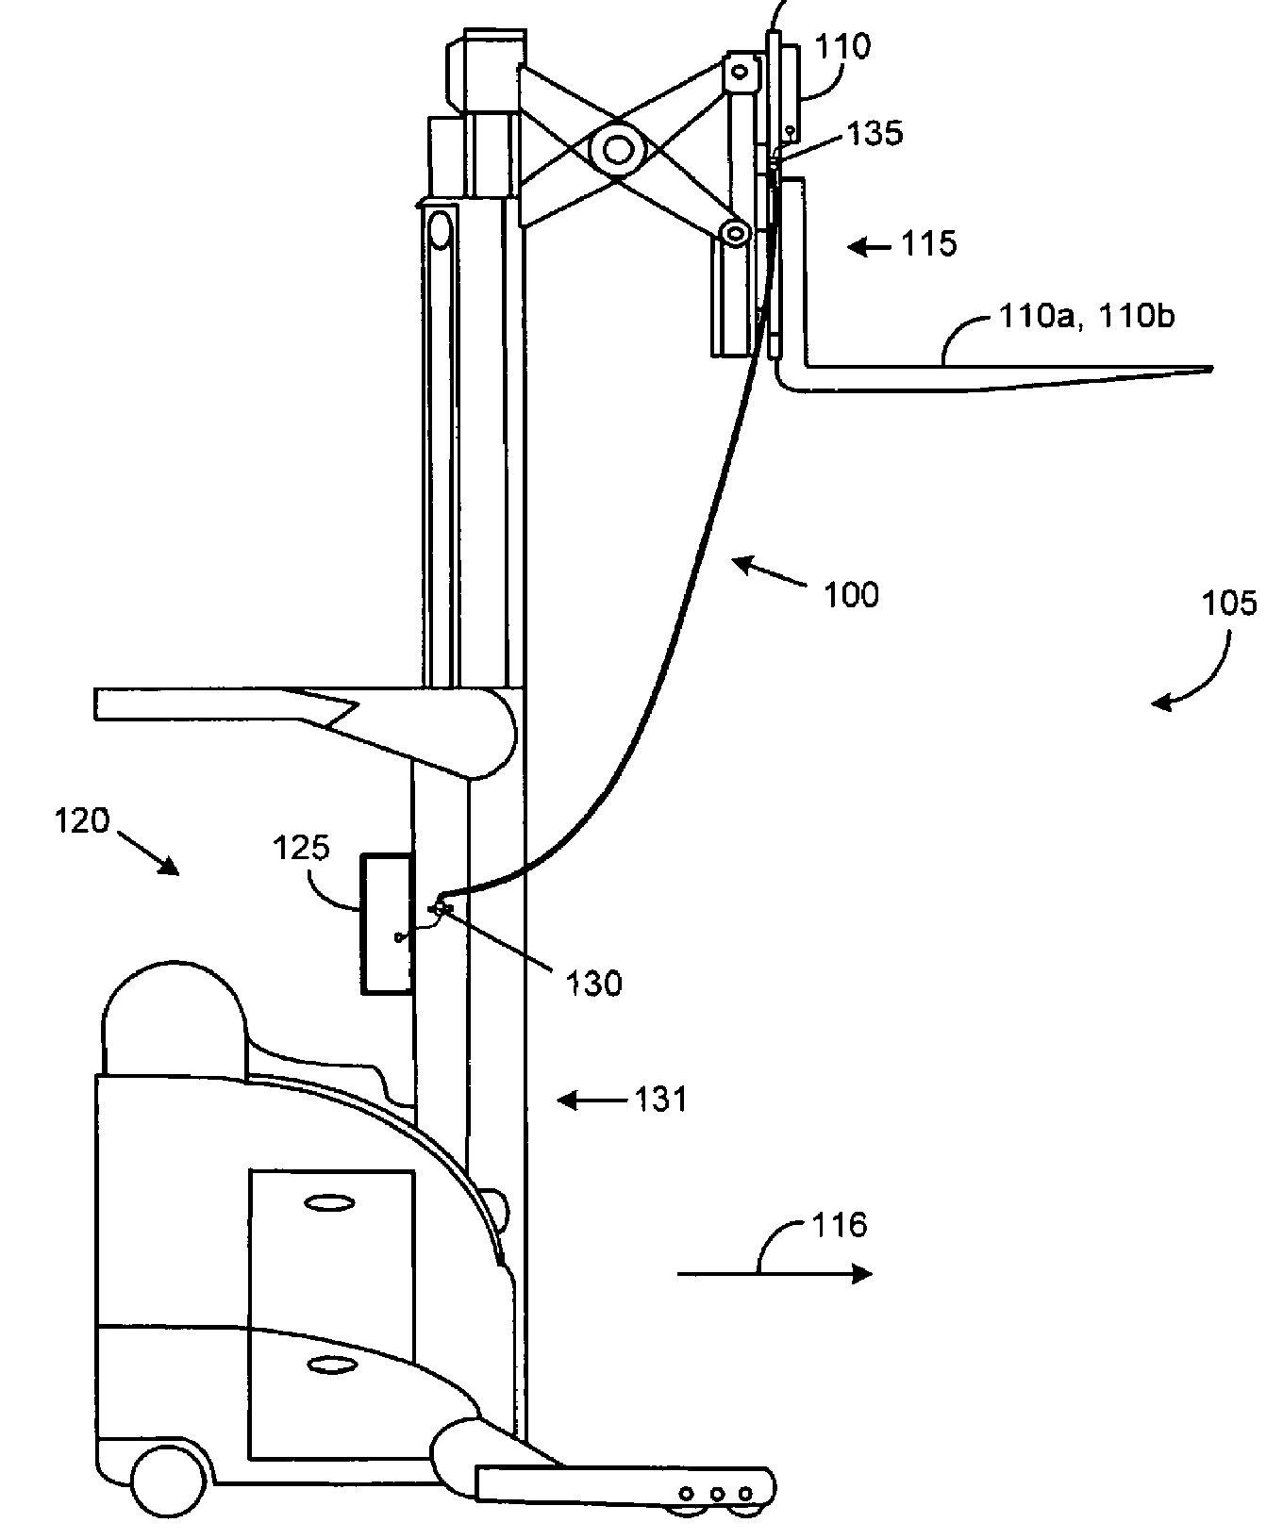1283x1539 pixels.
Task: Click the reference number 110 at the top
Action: pyautogui.click(x=844, y=46)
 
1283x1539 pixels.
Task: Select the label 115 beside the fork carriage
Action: pyautogui.click(x=929, y=244)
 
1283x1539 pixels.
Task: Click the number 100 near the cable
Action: pyautogui.click(x=852, y=595)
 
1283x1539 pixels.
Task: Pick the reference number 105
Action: pyautogui.click(x=1230, y=603)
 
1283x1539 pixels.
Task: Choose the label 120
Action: pyautogui.click(x=83, y=820)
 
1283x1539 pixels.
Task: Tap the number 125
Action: pyautogui.click(x=302, y=848)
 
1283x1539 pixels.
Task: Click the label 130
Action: pyautogui.click(x=594, y=984)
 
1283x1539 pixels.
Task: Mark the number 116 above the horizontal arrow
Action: pyautogui.click(x=840, y=1225)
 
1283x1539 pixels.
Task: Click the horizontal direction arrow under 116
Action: pyautogui.click(x=774, y=1274)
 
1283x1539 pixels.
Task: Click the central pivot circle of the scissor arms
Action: pyautogui.click(x=619, y=149)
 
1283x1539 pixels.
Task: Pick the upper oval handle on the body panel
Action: pyautogui.click(x=331, y=1203)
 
